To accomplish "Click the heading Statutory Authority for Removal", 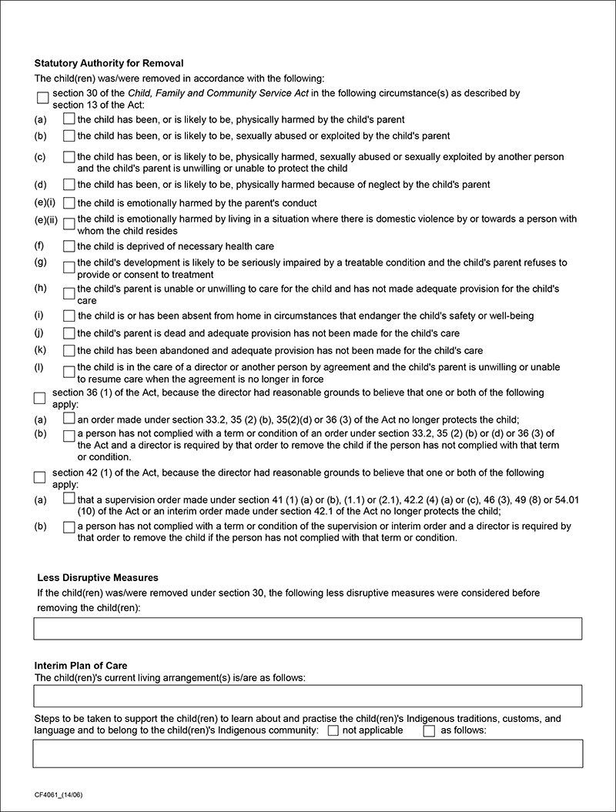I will [x=109, y=62].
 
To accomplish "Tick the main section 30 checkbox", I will [x=42, y=99].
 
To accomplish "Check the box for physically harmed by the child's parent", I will [x=69, y=119].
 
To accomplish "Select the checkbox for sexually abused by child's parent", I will [x=69, y=136].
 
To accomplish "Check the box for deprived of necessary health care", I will [x=69, y=246].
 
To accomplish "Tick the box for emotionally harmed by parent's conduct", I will [x=69, y=203].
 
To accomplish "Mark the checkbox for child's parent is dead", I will [x=69, y=333].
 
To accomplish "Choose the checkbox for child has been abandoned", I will [x=69, y=350].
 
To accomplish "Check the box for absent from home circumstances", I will [x=69, y=316].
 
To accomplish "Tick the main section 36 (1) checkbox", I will [x=40, y=398].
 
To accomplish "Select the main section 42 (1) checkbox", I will [x=40, y=477].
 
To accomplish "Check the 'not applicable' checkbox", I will [x=333, y=730].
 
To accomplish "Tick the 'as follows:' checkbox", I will [x=430, y=730].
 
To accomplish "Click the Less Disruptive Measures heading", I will [x=98, y=577].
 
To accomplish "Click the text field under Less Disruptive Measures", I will [x=307, y=628].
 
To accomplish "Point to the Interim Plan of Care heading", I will [x=81, y=665].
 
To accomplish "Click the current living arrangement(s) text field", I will [x=307, y=696].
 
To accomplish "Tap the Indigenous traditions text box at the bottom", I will [x=307, y=754].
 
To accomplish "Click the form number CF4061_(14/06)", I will [x=59, y=793].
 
